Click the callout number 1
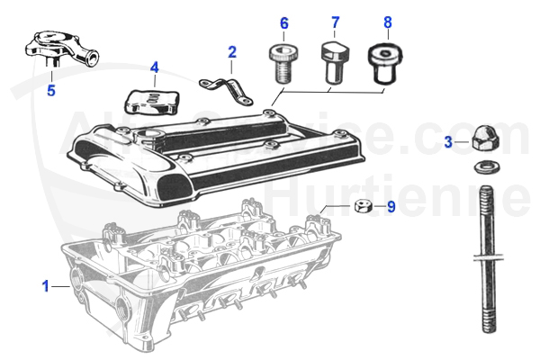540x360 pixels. [45, 286]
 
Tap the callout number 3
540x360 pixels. [448, 141]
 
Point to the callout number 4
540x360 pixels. [154, 67]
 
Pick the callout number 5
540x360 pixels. [50, 90]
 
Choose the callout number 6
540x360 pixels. [283, 22]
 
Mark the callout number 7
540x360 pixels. [335, 22]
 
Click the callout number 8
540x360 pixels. [387, 22]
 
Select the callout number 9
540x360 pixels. [391, 206]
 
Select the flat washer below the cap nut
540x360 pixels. [484, 167]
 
